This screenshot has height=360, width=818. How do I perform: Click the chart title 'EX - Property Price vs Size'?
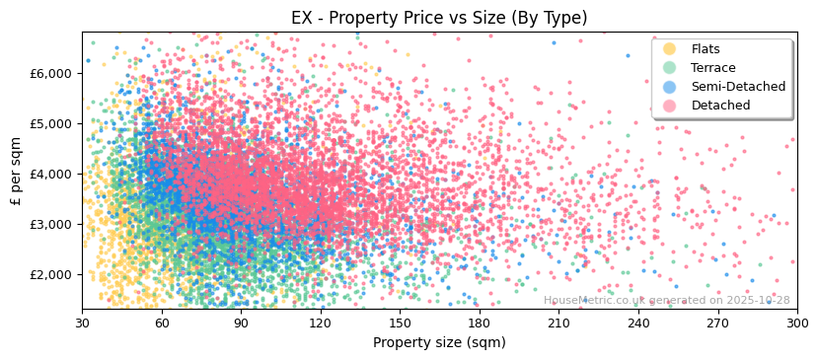point(439,18)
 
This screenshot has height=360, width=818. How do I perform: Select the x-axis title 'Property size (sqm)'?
point(439,342)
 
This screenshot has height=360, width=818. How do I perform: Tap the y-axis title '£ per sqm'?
point(16,172)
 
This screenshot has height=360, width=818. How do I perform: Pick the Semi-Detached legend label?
point(738,87)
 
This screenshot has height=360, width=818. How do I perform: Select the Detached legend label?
point(720,106)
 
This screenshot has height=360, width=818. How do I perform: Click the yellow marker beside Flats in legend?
point(670,49)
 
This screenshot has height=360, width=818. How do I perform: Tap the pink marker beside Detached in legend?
point(670,106)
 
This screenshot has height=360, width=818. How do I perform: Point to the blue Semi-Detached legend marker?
point(670,87)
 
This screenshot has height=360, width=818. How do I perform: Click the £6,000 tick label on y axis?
point(51,73)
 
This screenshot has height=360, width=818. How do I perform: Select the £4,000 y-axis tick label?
point(51,174)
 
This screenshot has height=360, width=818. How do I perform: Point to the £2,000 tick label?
point(51,274)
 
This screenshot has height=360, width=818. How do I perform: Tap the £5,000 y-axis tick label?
point(51,123)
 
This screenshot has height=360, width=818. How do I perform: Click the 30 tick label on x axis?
point(82,323)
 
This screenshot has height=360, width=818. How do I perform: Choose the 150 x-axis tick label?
point(400,323)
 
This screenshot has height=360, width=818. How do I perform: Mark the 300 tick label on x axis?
point(796,323)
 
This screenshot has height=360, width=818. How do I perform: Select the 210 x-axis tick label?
point(558,323)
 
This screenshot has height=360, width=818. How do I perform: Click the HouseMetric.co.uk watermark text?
point(666,300)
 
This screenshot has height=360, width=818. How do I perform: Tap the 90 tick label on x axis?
point(241,323)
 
